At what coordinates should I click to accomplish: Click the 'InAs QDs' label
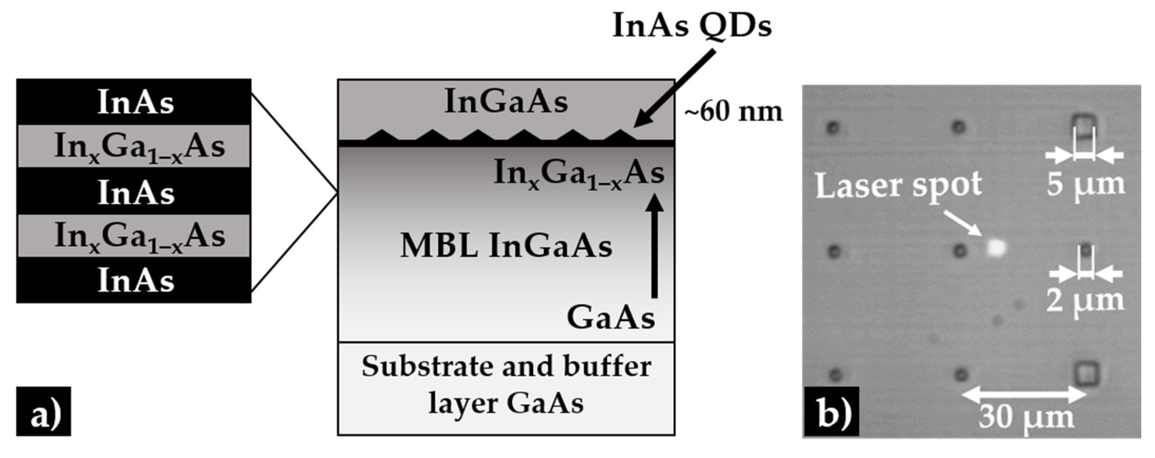691,26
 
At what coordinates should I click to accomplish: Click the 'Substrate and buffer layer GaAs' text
506,385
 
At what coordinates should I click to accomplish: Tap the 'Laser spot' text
898,185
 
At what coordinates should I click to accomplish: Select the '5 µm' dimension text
1085,184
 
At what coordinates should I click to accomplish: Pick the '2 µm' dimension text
1085,300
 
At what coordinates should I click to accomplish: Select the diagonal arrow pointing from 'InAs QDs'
674,89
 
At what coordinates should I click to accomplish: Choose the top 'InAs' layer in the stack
134,102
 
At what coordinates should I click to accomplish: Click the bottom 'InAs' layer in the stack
134,280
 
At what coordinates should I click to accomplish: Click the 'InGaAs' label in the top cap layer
506,102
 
